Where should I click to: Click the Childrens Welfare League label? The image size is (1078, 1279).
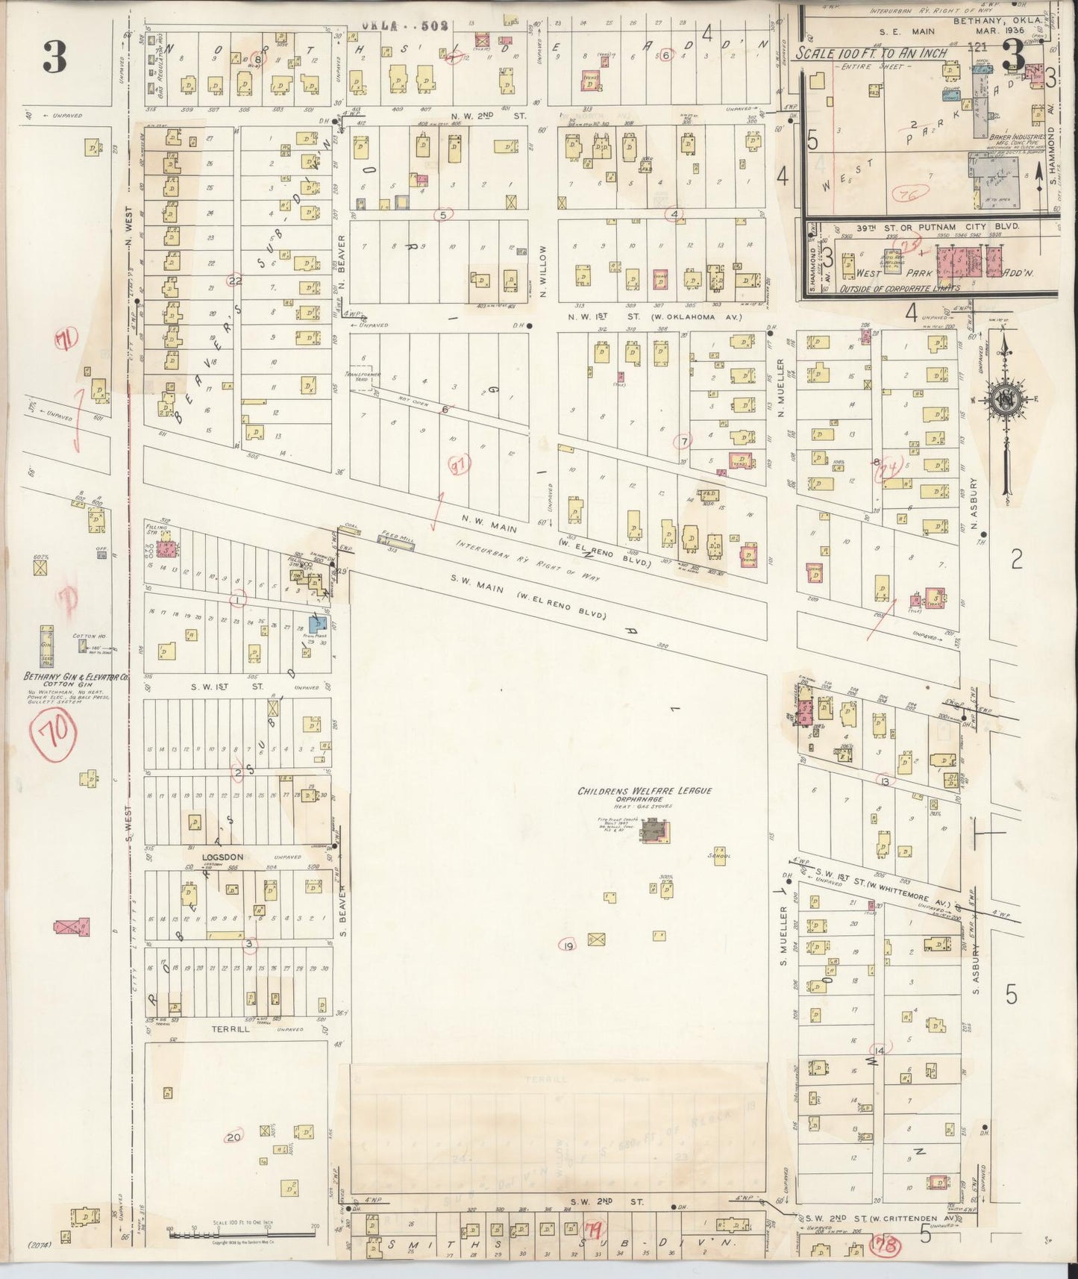click(645, 791)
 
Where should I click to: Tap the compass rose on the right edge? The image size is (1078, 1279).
click(1005, 400)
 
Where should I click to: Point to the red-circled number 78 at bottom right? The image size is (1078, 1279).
click(887, 1245)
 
